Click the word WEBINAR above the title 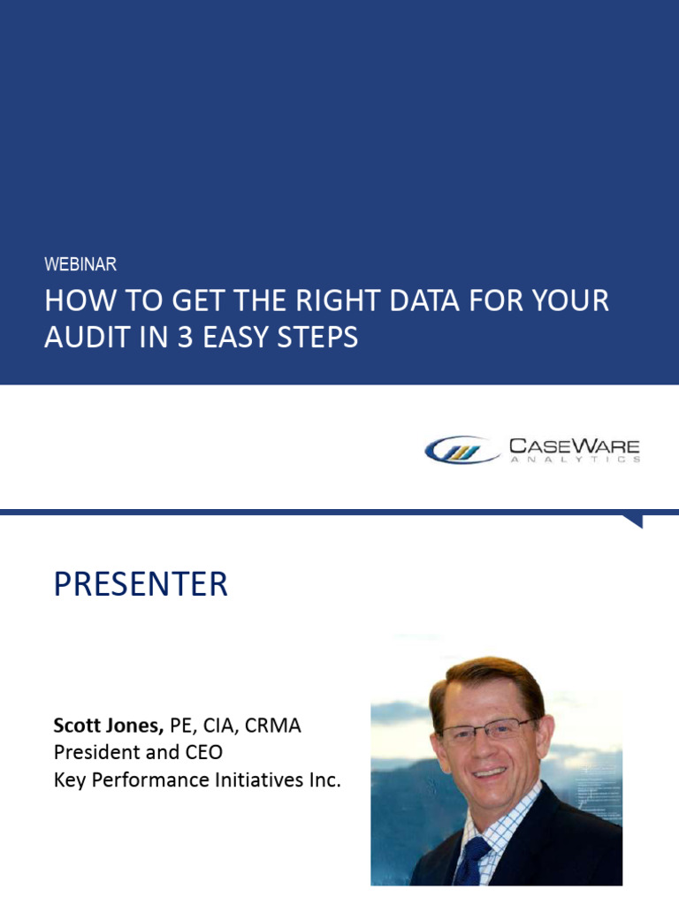tap(80, 264)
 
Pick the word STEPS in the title tap(315, 337)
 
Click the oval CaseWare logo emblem tap(462, 451)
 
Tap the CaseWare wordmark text tap(574, 445)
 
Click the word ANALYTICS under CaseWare tap(574, 460)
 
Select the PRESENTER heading tap(141, 584)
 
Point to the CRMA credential tap(273, 726)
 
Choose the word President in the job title tap(95, 753)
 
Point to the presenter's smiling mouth tap(491, 771)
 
